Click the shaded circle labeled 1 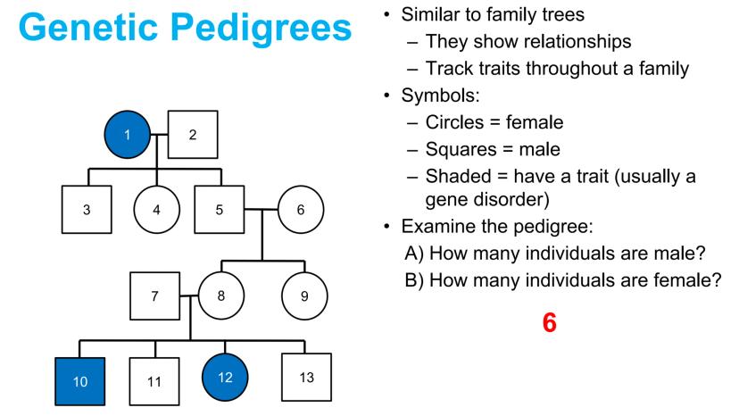point(128,135)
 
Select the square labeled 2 point(193,135)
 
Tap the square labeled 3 point(87,210)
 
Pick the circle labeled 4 point(156,210)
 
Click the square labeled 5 point(220,210)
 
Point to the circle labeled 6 point(301,210)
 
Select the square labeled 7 point(154,296)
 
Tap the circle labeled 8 point(221,296)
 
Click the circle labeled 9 point(304,296)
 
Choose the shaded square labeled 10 point(80,381)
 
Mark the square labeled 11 point(154,381)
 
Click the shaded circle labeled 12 point(225,378)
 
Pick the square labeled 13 point(306,378)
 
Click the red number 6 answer point(550,322)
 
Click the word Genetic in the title point(88,27)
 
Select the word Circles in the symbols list point(454,122)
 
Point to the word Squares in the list point(461,150)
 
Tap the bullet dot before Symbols point(387,96)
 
